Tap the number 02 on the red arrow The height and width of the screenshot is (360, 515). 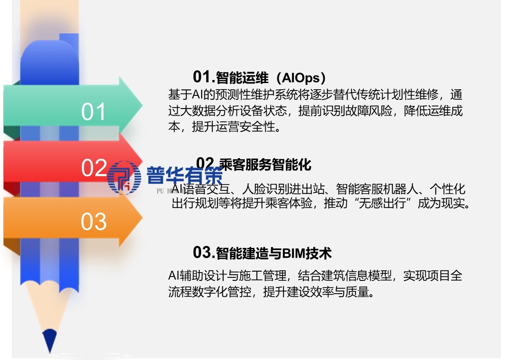click(94, 167)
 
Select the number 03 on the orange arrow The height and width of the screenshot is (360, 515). click(94, 222)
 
